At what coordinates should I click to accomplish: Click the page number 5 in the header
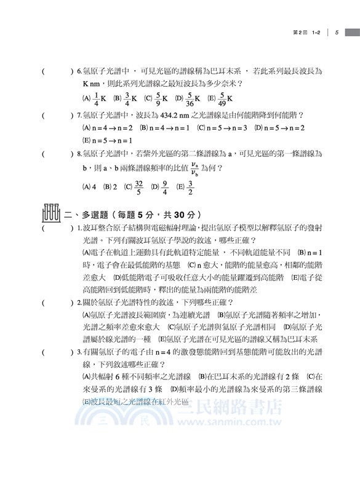[338, 33]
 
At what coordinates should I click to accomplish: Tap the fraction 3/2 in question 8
[190, 186]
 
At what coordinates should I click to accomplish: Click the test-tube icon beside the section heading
[51, 213]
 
